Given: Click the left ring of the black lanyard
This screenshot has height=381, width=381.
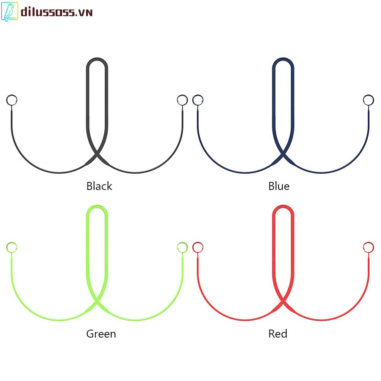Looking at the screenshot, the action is point(12,100).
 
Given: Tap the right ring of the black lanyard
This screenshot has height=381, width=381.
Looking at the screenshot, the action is point(182,100).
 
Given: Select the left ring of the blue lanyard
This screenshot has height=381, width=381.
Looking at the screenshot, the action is point(198,100).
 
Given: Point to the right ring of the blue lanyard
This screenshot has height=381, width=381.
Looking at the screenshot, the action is point(368,100).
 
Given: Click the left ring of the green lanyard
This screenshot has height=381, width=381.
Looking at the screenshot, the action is point(12,247).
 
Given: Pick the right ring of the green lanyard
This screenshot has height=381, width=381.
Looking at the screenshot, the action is point(182,247).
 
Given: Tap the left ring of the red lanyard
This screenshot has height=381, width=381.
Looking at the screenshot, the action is point(198,247).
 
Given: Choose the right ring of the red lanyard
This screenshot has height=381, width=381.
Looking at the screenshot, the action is point(368,247).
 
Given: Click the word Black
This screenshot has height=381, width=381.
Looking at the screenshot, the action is point(99,186).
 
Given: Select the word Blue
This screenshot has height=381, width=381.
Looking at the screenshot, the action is point(279,186).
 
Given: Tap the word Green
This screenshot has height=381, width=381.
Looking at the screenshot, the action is point(101,334).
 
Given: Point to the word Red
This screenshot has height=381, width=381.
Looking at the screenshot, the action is point(277,334).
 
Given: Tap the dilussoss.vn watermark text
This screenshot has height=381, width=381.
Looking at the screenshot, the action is point(56,12).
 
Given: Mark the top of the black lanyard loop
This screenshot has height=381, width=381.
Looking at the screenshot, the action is point(97,60).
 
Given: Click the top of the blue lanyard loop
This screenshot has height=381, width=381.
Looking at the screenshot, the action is point(283,60).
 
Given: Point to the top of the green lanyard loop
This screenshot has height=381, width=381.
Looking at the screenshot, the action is point(97,207).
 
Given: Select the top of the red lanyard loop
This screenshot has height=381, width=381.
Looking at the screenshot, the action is point(283,207).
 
